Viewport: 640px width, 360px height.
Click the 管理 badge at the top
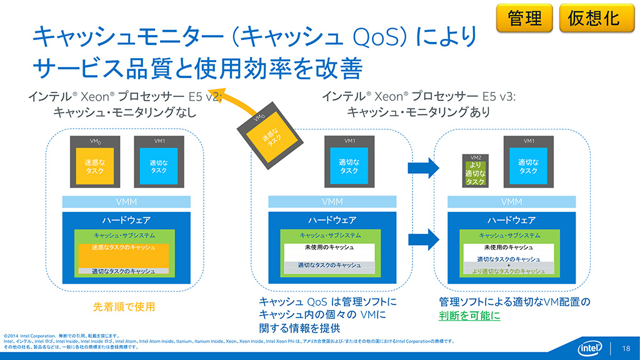[525, 18]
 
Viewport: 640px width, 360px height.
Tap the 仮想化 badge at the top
[593, 18]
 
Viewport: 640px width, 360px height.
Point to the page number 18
[626, 348]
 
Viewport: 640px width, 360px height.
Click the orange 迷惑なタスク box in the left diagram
[94, 166]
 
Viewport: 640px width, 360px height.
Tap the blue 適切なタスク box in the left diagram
[158, 166]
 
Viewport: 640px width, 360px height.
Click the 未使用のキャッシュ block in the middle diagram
[329, 248]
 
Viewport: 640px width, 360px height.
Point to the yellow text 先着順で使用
[124, 307]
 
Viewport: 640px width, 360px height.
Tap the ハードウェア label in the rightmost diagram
[511, 220]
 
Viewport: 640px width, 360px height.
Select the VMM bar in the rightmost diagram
[511, 202]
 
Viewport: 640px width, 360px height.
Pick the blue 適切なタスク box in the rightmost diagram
[528, 166]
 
